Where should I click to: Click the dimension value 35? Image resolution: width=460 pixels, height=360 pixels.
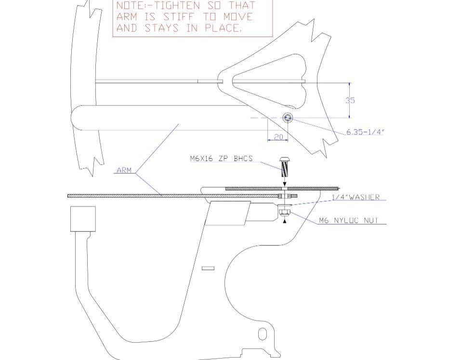[350, 100]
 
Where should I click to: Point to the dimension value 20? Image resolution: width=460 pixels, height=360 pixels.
[278, 137]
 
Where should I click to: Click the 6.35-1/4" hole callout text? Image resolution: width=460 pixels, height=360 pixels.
[365, 132]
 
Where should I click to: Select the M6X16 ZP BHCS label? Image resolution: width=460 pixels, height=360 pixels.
[221, 159]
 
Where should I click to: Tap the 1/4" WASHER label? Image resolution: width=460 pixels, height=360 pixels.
[355, 197]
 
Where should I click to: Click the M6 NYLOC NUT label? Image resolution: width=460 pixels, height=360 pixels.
[349, 220]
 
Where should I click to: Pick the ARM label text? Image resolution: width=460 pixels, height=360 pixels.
[124, 170]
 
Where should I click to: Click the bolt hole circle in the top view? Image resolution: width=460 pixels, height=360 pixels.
[288, 118]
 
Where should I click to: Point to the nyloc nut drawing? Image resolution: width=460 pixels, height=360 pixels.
[284, 212]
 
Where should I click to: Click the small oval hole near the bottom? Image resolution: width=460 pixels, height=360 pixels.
[262, 334]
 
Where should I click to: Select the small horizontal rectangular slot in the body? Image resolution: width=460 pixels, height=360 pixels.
[208, 268]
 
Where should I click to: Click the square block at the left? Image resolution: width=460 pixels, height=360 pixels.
[83, 219]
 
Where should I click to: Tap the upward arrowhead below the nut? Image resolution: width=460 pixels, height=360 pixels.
[284, 221]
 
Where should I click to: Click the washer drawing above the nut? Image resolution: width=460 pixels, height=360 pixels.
[284, 205]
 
